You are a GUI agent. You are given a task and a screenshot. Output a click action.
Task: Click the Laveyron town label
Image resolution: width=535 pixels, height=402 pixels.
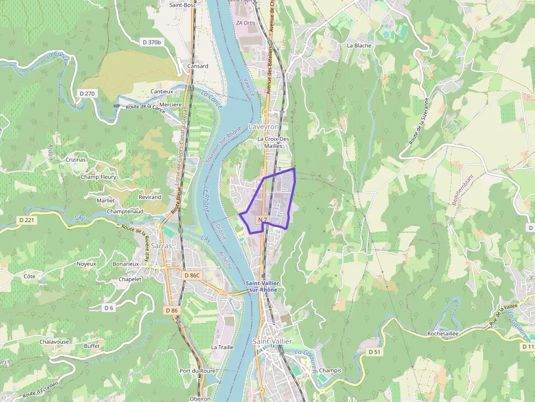pos(264,127)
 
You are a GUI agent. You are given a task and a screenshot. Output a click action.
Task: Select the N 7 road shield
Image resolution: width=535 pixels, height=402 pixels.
pos(262,220)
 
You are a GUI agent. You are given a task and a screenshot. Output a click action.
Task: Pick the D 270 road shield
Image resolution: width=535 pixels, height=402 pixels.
pos(87,93)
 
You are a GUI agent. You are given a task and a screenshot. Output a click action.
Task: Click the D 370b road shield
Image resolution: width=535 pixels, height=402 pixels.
pos(152,42)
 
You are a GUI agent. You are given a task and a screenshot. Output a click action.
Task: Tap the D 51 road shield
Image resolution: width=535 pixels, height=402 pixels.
pos(374,352)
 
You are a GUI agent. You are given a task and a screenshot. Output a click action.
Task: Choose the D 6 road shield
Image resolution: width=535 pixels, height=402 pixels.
pos(109,308)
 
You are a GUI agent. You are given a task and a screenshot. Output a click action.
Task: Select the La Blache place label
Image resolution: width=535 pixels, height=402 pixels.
pos(359,45)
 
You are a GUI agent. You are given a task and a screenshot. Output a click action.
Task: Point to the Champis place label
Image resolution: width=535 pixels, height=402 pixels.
pos(330,370)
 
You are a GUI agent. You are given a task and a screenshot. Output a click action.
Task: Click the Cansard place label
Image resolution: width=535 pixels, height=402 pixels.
pos(198,66)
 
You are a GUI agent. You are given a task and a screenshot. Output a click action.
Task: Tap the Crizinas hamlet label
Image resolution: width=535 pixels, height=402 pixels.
pos(76,160)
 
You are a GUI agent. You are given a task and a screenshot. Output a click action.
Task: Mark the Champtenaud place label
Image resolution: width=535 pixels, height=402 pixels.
pos(125,211)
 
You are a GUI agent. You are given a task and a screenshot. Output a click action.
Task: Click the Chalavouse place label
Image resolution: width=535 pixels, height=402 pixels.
pos(54,341)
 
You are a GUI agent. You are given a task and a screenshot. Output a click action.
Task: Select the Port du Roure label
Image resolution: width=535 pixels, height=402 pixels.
pos(197,371)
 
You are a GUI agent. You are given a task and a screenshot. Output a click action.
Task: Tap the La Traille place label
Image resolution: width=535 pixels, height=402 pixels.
pos(222,347)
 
